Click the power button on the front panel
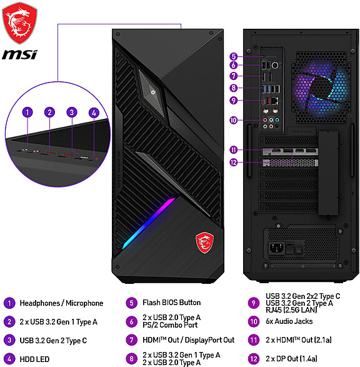[x=153, y=92]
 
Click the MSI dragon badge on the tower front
[x=204, y=243]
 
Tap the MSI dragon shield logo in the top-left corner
[x=19, y=23]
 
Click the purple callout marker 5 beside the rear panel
[x=234, y=56]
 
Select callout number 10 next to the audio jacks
[x=234, y=120]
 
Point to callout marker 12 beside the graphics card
[x=234, y=163]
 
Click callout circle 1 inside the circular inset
[x=27, y=112]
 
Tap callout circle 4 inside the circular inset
[x=94, y=113]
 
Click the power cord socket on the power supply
[x=276, y=248]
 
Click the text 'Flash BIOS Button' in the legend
[x=172, y=303]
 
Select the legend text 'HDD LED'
[x=34, y=359]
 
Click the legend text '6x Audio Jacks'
[x=289, y=321]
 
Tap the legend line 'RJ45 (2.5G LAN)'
[x=291, y=310]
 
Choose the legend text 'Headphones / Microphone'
[x=61, y=303]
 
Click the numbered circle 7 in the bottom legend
[x=132, y=340]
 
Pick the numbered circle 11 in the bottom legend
[x=254, y=340]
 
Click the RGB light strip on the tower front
[x=149, y=223]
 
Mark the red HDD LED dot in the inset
[x=96, y=159]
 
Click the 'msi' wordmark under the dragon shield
[x=19, y=55]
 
